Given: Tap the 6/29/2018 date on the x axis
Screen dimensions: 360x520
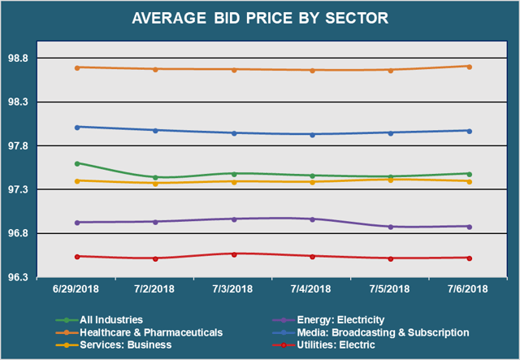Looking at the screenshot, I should pyautogui.click(x=77, y=289).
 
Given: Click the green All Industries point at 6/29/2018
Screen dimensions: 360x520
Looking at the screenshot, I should pyautogui.click(x=77, y=163).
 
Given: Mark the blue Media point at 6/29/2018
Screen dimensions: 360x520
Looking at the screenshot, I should pyautogui.click(x=77, y=127).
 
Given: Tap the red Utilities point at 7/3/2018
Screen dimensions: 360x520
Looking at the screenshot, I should pyautogui.click(x=234, y=254).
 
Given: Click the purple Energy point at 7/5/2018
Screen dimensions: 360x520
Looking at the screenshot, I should pyautogui.click(x=391, y=227).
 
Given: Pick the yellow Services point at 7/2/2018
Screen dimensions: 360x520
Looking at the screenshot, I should pyautogui.click(x=155, y=183).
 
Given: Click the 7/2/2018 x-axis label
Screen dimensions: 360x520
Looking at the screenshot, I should pyautogui.click(x=155, y=289).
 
